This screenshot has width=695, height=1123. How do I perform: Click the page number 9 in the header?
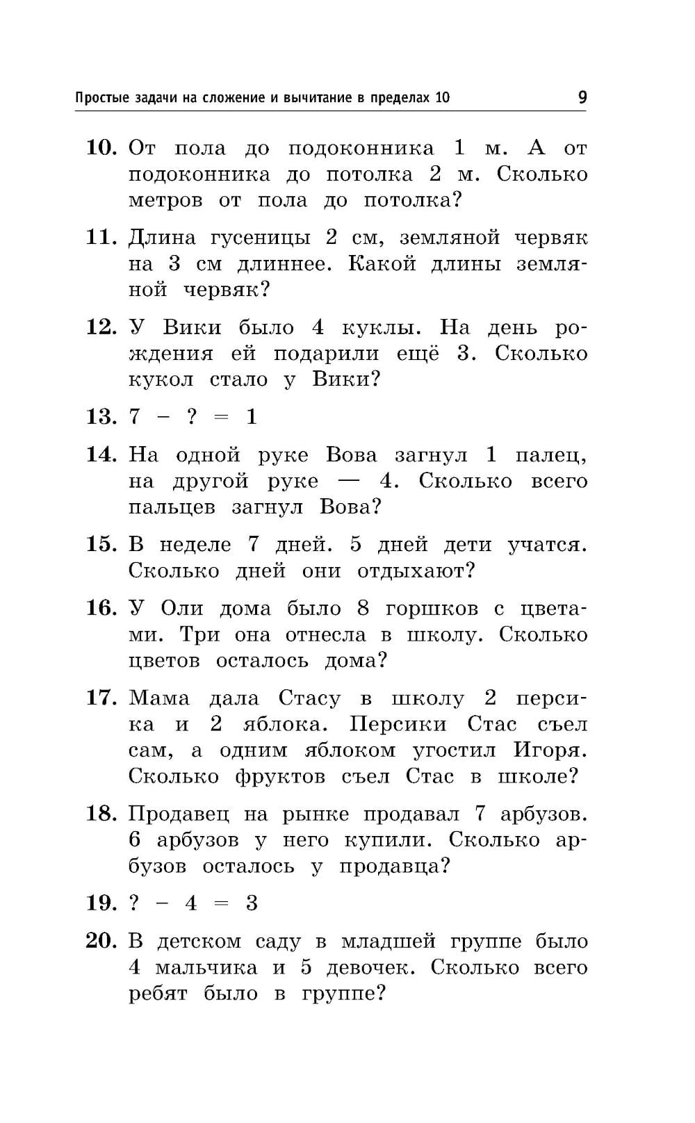coord(582,97)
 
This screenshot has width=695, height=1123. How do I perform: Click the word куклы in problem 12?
coord(375,327)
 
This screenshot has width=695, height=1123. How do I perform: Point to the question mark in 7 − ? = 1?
coord(192,417)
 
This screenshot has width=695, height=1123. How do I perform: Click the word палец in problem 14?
coord(550,455)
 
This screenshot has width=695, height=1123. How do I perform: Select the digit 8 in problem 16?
coord(363,609)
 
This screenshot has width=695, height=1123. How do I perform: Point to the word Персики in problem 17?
coord(398,725)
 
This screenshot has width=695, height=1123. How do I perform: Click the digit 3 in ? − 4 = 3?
coord(252,903)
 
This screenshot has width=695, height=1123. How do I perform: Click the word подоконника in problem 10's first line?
coord(361,149)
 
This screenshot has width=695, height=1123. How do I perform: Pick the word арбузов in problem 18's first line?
coord(543,814)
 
